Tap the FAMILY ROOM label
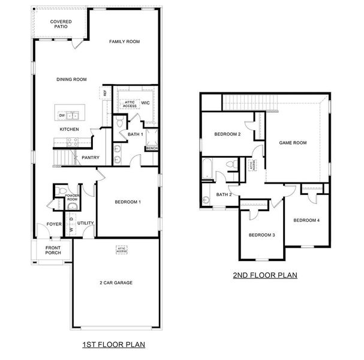[124, 41]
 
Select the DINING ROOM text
[71, 79]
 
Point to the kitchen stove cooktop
[72, 142]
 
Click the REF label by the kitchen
[105, 93]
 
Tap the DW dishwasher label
[62, 115]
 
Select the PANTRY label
[91, 158]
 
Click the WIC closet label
[145, 103]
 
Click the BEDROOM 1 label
[128, 202]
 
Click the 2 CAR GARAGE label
[116, 283]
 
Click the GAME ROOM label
[293, 143]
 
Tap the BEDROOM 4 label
[306, 220]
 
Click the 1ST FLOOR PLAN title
[113, 345]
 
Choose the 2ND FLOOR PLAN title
[265, 276]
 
